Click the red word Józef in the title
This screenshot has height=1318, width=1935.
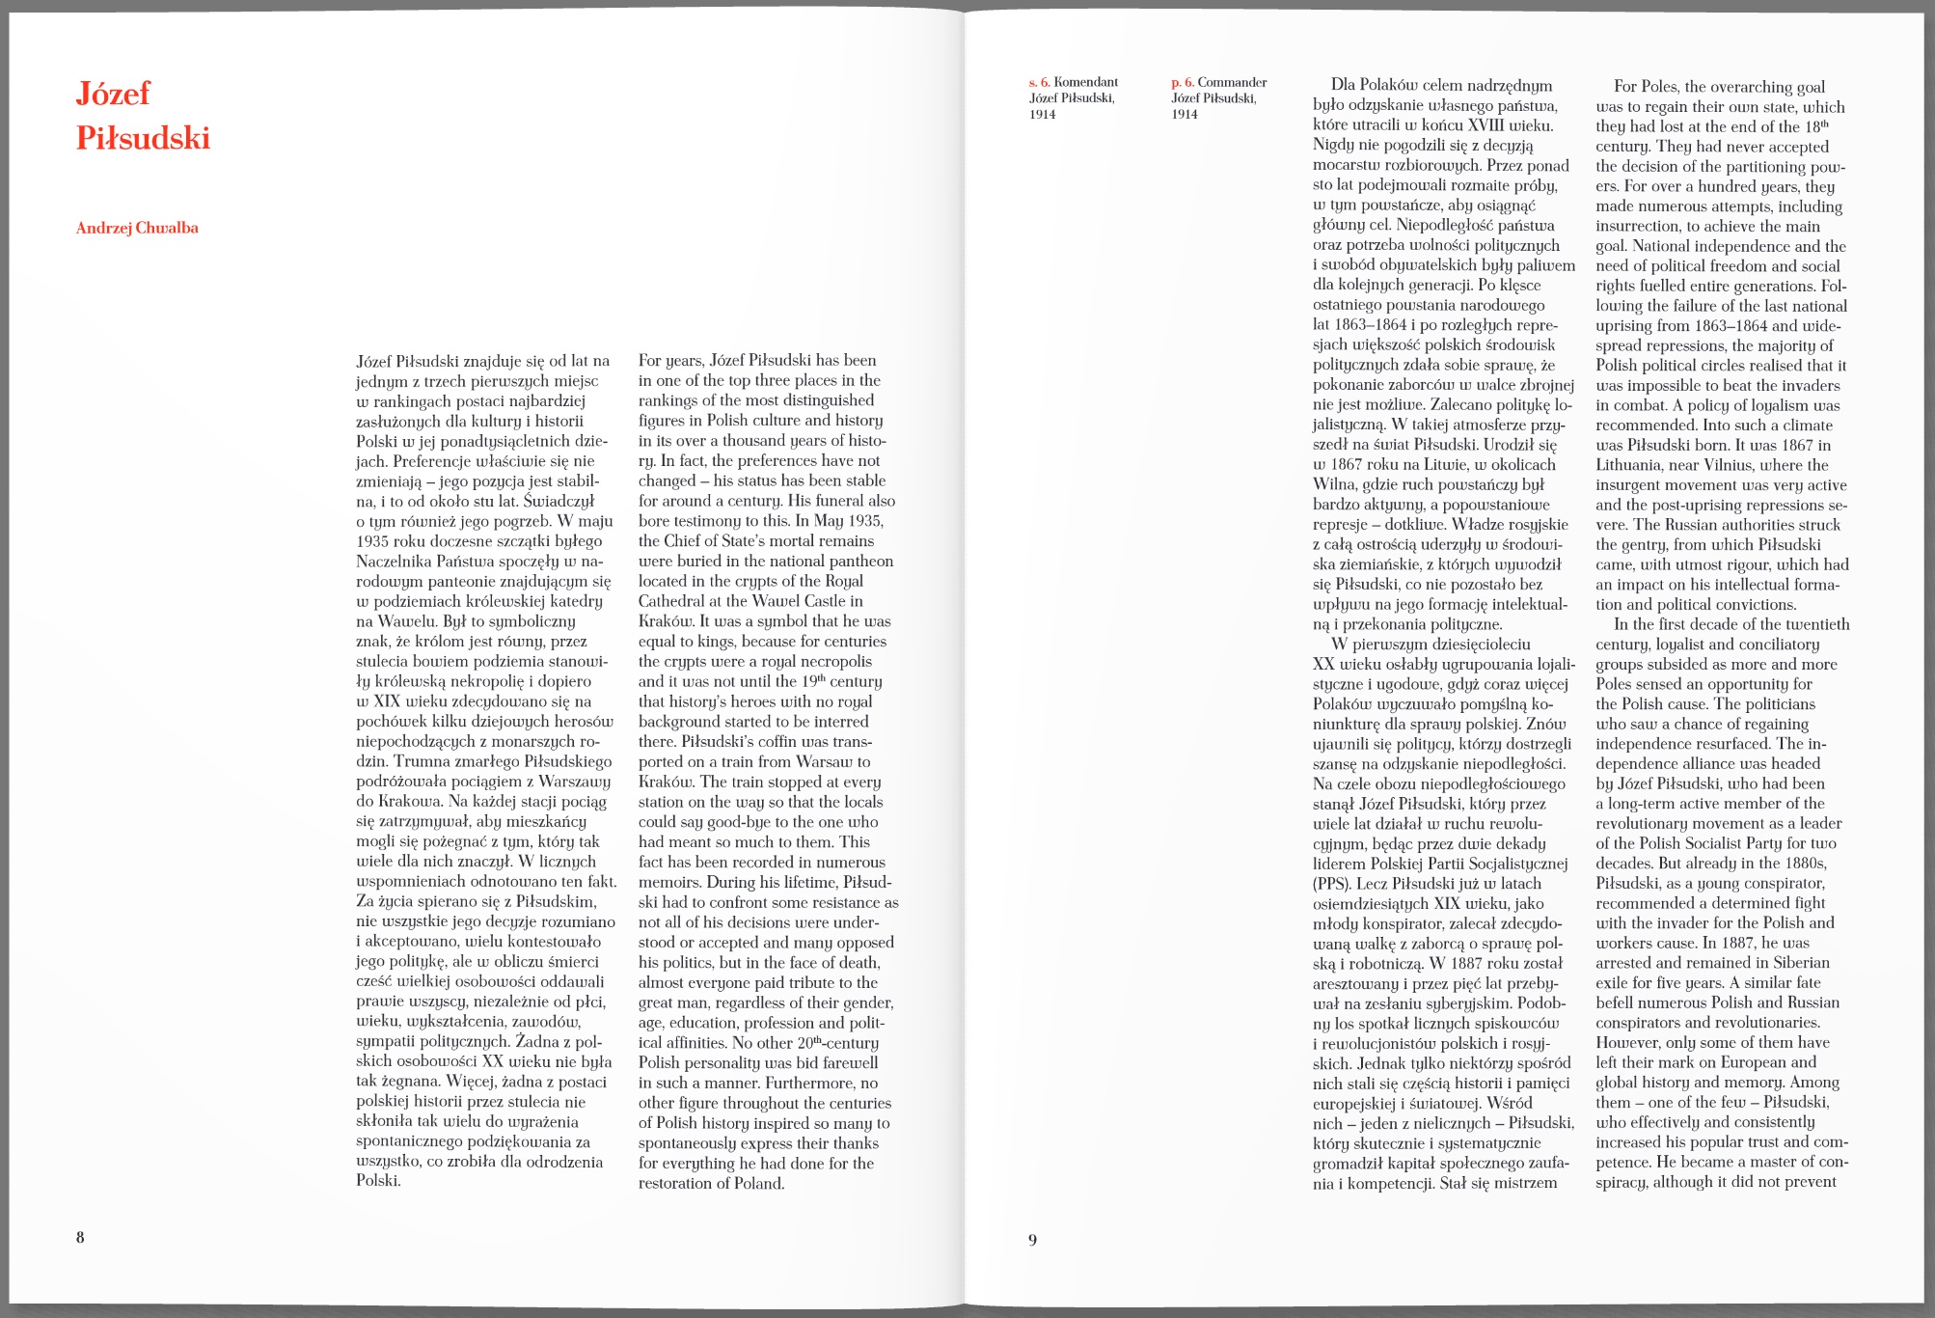pyautogui.click(x=113, y=94)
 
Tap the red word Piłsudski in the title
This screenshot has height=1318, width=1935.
pyautogui.click(x=143, y=139)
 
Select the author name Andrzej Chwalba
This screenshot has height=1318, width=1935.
pyautogui.click(x=137, y=228)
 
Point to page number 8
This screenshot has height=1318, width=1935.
pyautogui.click(x=80, y=1237)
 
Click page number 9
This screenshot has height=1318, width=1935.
pyautogui.click(x=1032, y=1239)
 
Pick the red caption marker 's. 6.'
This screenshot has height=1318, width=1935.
pyautogui.click(x=1039, y=83)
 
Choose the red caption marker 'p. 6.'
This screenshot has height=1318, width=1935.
pyautogui.click(x=1182, y=83)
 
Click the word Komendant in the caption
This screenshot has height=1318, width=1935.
pyautogui.click(x=1086, y=83)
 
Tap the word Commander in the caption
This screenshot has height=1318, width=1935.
pyautogui.click(x=1232, y=83)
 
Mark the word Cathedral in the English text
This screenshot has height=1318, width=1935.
pyautogui.click(x=673, y=601)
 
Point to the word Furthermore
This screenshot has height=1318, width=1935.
pyautogui.click(x=810, y=1083)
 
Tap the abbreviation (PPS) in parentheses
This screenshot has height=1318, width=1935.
pyautogui.click(x=1331, y=884)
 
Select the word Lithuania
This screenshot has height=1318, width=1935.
pyautogui.click(x=1631, y=465)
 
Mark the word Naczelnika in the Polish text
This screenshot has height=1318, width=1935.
pyautogui.click(x=394, y=562)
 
